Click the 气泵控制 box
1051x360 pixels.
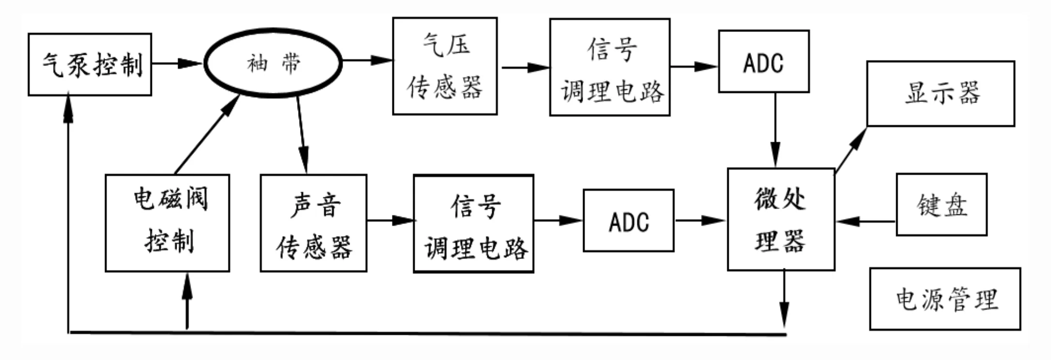coord(90,64)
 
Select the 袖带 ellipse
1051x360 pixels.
coord(273,63)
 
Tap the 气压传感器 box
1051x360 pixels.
coord(445,66)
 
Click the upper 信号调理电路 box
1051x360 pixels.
coord(610,67)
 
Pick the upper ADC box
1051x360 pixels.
coord(764,61)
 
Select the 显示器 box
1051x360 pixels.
coord(940,93)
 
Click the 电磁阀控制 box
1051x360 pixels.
coord(167,223)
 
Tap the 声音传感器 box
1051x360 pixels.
coord(314,223)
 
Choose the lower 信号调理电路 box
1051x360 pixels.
coord(473,224)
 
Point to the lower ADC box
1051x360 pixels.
coord(628,221)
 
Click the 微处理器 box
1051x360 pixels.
coord(781,219)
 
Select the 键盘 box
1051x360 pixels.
coord(941,205)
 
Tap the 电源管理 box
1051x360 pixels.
coord(945,299)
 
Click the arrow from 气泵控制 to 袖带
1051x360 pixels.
coord(177,63)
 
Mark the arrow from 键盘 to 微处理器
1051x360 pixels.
coord(865,222)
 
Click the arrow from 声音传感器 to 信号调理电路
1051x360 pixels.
coord(390,221)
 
